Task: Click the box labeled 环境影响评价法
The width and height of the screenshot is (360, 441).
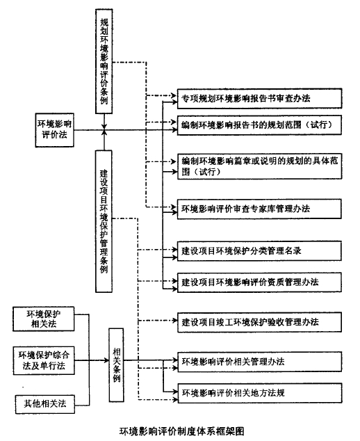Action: coord(54,130)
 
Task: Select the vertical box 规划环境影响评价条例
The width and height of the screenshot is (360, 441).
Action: coord(104,61)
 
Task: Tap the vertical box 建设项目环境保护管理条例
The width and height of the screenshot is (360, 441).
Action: coord(104,221)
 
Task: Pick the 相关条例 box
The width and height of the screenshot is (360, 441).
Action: coord(116,364)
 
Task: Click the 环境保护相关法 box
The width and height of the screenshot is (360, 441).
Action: coord(44,319)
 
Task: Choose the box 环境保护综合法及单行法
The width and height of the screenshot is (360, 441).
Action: coord(44,360)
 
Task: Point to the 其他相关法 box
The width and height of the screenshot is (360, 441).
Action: coord(45,404)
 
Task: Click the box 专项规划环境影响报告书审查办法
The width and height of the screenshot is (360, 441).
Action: coord(259,99)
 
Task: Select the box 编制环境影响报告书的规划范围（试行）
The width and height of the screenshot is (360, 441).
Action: coord(259,125)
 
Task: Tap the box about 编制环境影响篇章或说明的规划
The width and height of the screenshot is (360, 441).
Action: coord(260,166)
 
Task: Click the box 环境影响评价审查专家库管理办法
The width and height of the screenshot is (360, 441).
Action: coord(259,209)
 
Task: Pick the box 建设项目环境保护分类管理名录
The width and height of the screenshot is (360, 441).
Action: coord(259,250)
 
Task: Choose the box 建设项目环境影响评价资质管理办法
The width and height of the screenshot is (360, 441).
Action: coord(259,282)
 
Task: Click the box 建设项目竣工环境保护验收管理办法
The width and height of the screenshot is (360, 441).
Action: coord(260,322)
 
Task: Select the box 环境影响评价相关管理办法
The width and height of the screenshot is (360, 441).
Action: coord(260,362)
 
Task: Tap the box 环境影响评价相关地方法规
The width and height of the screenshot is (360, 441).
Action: coord(260,393)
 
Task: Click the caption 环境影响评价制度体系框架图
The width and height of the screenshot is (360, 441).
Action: coord(182,431)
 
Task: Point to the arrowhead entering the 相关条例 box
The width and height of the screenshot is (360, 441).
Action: coord(106,360)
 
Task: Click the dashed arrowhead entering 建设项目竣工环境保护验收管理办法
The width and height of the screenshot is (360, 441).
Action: coord(174,321)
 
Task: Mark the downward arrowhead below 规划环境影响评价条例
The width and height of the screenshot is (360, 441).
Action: coord(104,127)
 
